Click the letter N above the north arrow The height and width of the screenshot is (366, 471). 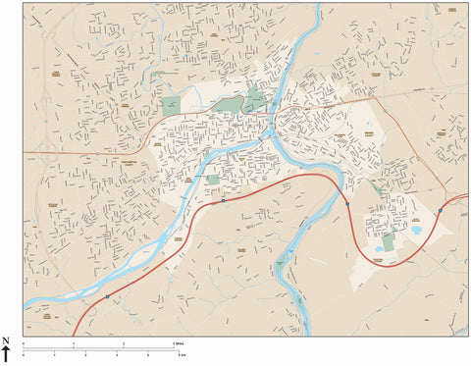5,340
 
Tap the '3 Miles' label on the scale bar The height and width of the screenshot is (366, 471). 179,343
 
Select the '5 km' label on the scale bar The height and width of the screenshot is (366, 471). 179,353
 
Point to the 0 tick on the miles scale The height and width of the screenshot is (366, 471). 24,344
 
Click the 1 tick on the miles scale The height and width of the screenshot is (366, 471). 74,344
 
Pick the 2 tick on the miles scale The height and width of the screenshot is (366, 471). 124,344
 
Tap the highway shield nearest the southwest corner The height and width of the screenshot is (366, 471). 107,295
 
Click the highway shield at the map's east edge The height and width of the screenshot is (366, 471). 440,208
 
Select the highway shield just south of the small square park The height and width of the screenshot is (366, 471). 224,200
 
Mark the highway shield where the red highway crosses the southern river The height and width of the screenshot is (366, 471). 346,204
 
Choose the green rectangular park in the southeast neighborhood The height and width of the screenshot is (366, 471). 389,241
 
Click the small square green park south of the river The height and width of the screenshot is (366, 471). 213,181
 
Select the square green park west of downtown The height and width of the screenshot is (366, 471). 171,105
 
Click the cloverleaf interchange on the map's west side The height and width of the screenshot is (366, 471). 45,97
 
